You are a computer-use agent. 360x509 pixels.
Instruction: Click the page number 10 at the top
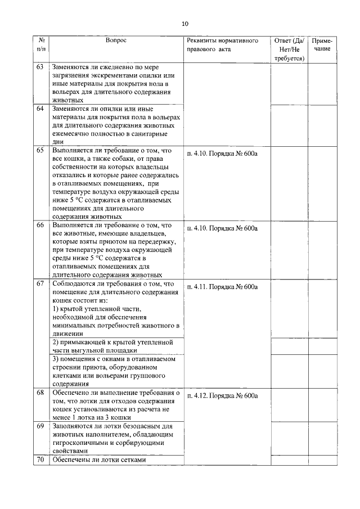185,24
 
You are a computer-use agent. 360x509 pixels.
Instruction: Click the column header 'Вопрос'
116,41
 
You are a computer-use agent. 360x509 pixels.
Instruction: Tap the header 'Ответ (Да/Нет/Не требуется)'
289,49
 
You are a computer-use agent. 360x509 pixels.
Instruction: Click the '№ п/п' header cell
41,45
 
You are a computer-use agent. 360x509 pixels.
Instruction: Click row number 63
40,67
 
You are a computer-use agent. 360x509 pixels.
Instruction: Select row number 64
40,109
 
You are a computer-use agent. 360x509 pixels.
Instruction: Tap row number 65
40,150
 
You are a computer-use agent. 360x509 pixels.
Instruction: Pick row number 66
40,225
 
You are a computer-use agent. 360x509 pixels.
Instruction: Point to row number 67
40,283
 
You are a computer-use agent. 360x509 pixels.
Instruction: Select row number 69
40,426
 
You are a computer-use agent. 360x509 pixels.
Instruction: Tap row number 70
40,460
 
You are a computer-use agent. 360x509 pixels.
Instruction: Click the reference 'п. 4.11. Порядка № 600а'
222,287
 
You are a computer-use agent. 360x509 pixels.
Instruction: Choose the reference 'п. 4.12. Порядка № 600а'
222,395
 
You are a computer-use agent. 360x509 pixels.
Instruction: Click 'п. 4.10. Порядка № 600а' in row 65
222,154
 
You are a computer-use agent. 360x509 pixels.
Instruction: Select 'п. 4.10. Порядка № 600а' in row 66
222,228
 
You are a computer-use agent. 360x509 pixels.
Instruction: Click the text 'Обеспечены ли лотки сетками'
99,460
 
